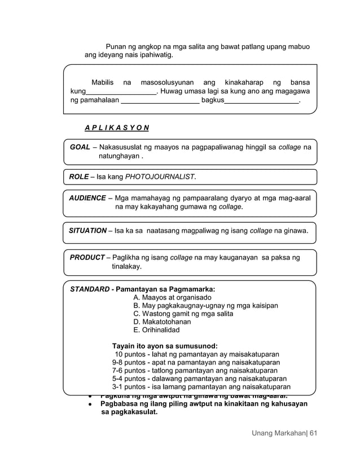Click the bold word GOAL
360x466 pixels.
click(x=80, y=147)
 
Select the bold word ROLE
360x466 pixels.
click(x=78, y=177)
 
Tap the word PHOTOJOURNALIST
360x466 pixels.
click(x=160, y=177)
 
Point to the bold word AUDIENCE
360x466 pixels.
click(x=87, y=198)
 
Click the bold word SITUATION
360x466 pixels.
click(x=87, y=230)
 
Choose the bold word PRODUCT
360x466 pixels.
click(x=87, y=257)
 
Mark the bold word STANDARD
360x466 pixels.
click(x=89, y=289)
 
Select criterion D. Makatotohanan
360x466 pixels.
click(x=162, y=322)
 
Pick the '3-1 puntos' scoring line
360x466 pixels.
click(x=201, y=387)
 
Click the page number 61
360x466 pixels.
click(x=314, y=433)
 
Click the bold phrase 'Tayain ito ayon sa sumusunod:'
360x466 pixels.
click(x=165, y=346)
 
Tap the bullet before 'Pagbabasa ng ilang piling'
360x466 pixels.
click(x=90, y=405)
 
